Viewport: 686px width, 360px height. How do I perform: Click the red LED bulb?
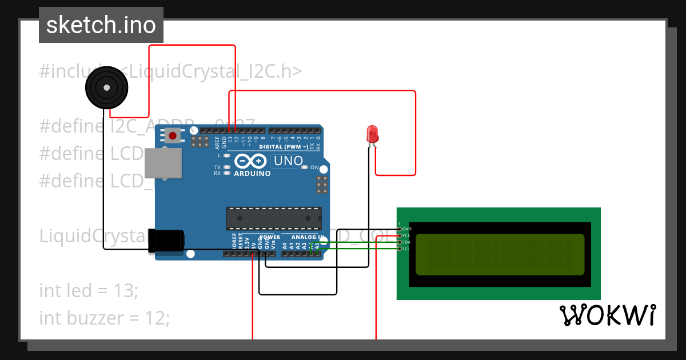tap(372, 135)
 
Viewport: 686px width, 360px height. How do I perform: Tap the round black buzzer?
tap(106, 87)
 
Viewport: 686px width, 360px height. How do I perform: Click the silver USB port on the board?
tap(162, 163)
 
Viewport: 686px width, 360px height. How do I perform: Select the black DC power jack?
tap(166, 241)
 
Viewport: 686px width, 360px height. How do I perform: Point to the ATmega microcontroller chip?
tap(273, 218)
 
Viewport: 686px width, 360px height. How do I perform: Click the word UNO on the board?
tap(288, 161)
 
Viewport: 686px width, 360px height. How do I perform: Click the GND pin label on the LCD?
tap(406, 229)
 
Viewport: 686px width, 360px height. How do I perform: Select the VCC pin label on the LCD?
tap(406, 235)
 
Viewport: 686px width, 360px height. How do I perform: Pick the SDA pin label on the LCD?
tap(406, 242)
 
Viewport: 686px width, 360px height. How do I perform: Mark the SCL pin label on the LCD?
tap(406, 249)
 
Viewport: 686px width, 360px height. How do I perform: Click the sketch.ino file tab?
tap(101, 25)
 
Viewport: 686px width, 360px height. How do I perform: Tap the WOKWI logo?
tap(607, 315)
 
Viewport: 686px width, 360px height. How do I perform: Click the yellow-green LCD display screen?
tap(500, 254)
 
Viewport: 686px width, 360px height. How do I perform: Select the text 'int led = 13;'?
tap(89, 290)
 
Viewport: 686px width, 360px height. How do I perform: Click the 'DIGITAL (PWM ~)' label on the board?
tap(284, 147)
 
